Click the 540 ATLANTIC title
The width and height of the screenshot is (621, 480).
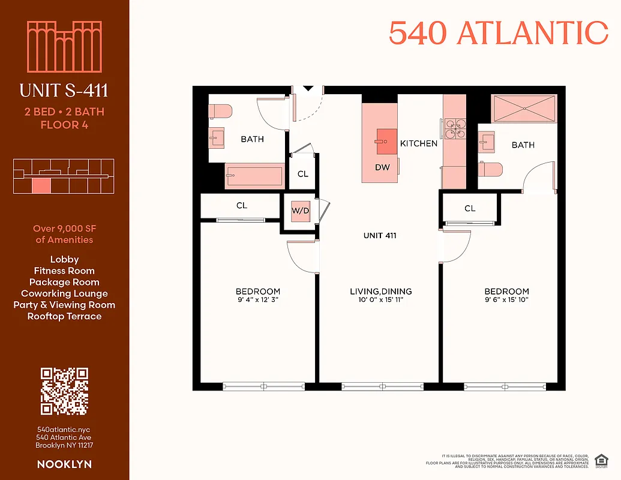498,33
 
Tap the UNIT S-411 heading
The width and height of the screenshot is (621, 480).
64,91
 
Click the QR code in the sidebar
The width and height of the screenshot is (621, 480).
64,391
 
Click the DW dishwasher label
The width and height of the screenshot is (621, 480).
382,167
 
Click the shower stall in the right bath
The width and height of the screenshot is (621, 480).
524,108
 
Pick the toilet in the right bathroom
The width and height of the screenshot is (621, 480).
491,170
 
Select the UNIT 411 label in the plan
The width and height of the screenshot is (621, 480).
380,236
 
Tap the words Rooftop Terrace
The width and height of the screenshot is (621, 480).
64,316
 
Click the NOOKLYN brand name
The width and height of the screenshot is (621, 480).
64,464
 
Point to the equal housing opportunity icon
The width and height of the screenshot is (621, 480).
599,460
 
